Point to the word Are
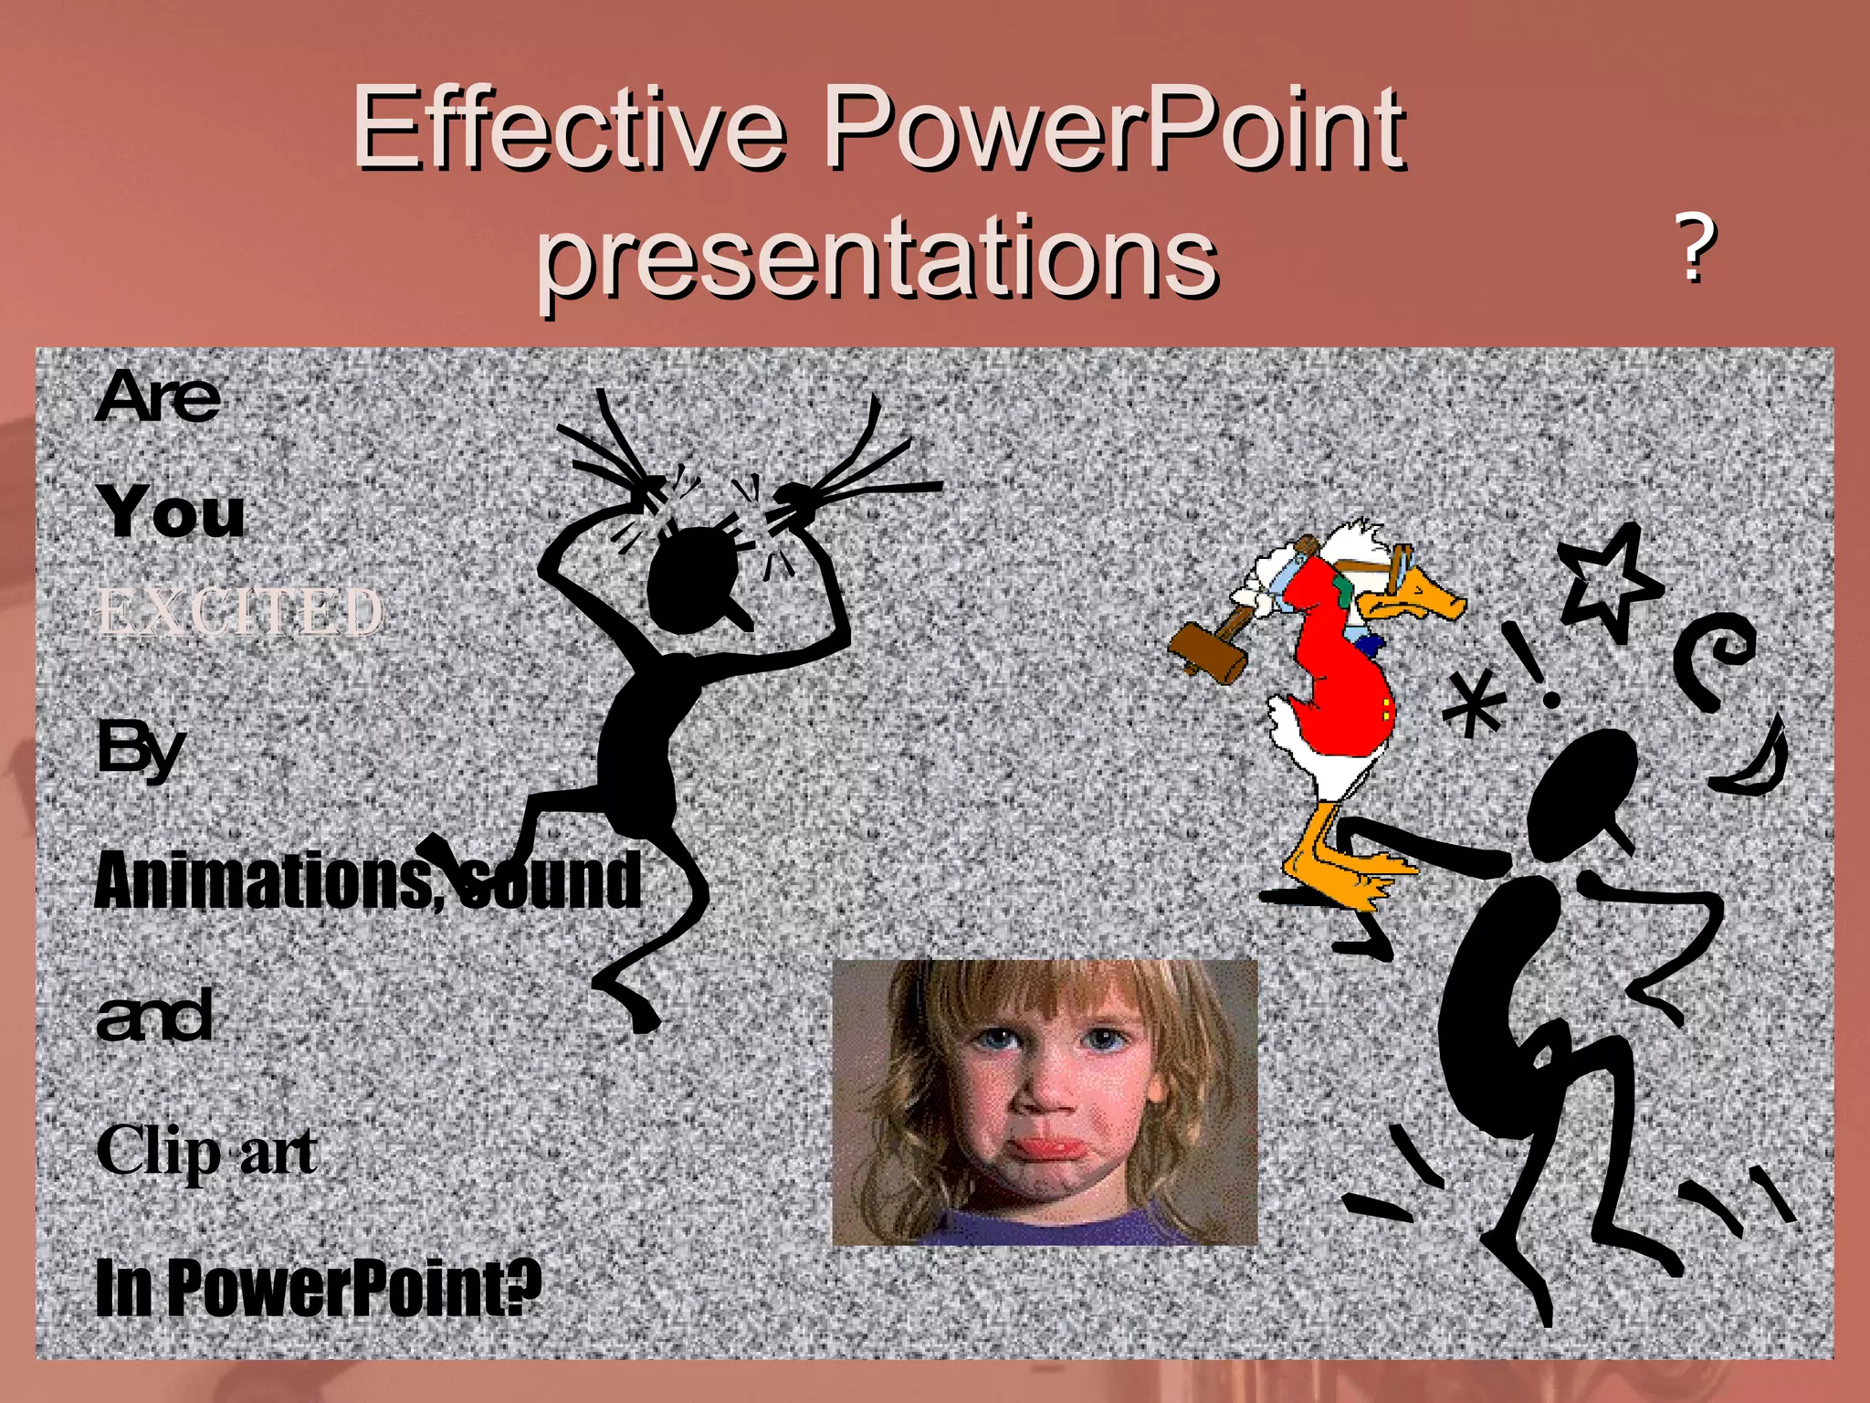[x=158, y=398]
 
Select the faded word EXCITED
[x=239, y=612]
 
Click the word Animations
[x=265, y=881]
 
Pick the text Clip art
[x=206, y=1153]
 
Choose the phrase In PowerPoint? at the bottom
[x=318, y=1288]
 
